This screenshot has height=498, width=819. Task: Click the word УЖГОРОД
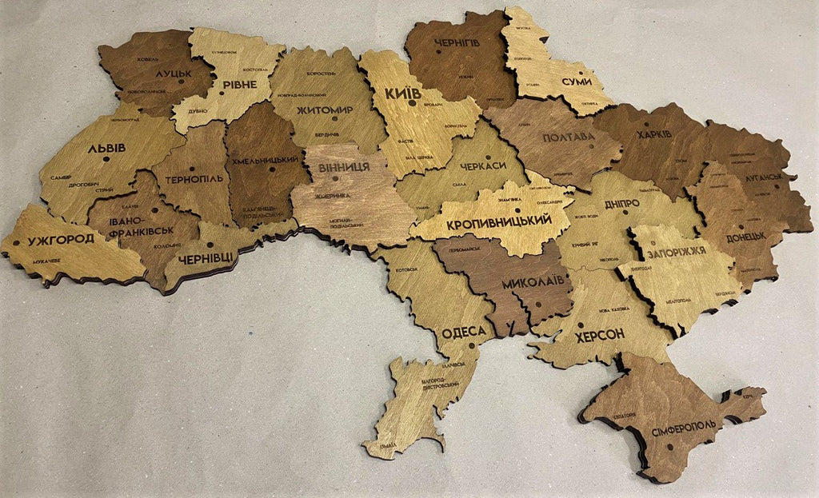[61, 239]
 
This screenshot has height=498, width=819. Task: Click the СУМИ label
[576, 82]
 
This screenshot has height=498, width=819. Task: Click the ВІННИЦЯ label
[343, 167]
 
